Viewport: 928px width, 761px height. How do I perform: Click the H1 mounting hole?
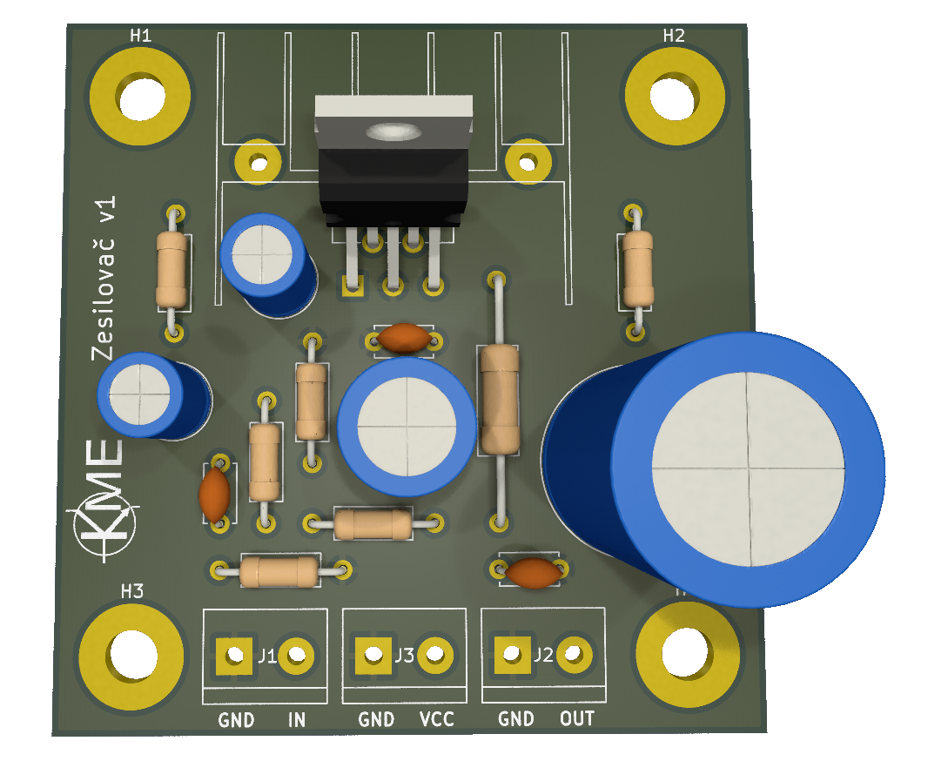141,97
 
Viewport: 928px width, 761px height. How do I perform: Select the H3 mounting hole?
131,656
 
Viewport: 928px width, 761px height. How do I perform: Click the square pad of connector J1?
234,655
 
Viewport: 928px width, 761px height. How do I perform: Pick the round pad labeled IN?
296,655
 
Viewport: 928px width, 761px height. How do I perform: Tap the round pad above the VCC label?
435,655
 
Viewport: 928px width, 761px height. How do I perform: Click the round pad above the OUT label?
574,655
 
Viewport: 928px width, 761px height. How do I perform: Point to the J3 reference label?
404,655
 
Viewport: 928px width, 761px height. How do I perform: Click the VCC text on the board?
437,719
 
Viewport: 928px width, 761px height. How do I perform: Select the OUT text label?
577,719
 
